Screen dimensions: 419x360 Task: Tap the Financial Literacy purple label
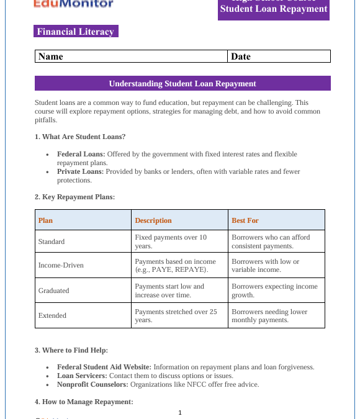click(75, 32)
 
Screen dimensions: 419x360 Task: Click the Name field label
click(51, 56)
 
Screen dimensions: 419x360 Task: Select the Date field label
click(241, 56)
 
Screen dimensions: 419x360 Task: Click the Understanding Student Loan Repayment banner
click(182, 83)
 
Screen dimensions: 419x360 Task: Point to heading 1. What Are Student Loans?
click(80, 137)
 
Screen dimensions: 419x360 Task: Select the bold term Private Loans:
click(80, 172)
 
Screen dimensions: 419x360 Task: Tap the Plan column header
click(46, 220)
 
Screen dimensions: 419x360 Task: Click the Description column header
click(153, 220)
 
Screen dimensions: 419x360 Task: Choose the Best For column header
click(245, 220)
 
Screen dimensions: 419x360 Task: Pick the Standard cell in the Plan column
click(52, 241)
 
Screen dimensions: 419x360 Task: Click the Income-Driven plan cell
click(61, 266)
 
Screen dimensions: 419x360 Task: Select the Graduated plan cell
click(54, 291)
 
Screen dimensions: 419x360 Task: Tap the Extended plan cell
click(52, 315)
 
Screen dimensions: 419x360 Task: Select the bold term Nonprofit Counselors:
click(92, 384)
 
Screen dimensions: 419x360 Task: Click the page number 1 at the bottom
click(180, 412)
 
